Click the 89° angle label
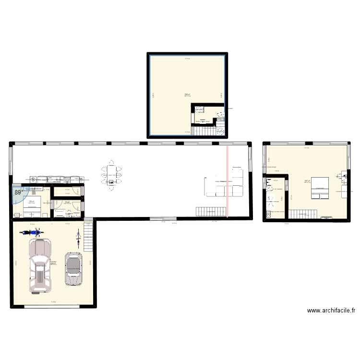point(19,192)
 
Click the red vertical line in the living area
point(228,182)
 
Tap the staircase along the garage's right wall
point(88,236)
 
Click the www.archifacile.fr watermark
point(331,311)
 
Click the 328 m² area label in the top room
point(186,95)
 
